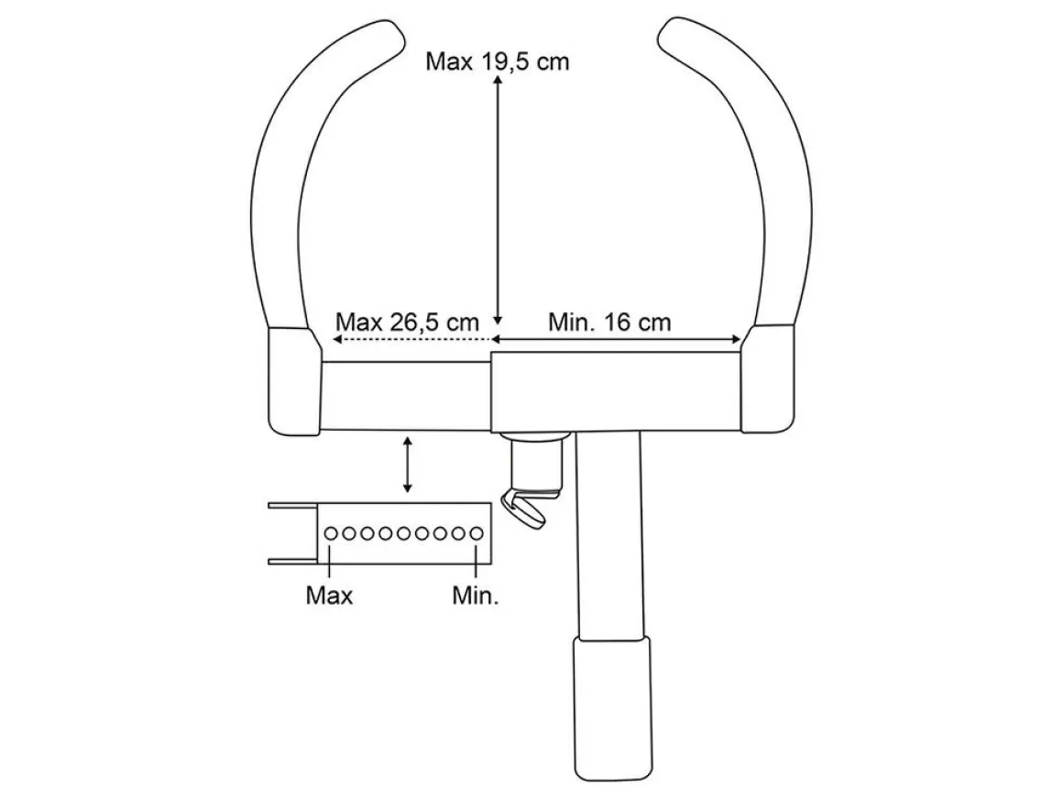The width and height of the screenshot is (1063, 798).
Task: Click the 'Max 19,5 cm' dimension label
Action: click(x=497, y=61)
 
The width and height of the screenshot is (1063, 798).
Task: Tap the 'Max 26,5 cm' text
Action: click(x=407, y=322)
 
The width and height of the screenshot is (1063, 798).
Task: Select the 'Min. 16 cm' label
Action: click(x=609, y=322)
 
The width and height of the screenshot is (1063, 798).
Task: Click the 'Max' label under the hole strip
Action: click(x=330, y=596)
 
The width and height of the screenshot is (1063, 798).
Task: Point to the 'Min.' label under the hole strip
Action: click(x=476, y=596)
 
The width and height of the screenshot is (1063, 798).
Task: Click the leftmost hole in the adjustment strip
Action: click(x=331, y=533)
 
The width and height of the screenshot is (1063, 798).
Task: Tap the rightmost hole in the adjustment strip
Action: click(x=477, y=533)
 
